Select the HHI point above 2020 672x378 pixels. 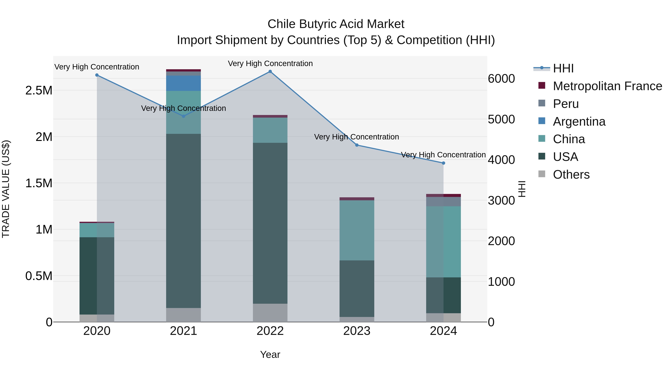point(97,75)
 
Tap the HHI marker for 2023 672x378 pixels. point(357,145)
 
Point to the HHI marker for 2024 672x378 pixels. point(444,163)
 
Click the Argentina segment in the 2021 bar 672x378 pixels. point(183,83)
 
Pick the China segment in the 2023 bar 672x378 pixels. point(357,230)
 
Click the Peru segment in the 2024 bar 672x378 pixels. point(444,202)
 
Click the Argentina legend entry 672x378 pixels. point(579,122)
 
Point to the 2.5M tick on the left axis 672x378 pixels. point(39,91)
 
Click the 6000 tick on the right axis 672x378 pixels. point(501,79)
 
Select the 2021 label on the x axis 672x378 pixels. point(183,331)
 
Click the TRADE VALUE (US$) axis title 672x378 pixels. point(6,189)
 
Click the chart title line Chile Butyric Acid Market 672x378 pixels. point(336,24)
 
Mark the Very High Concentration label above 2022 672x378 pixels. point(270,63)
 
